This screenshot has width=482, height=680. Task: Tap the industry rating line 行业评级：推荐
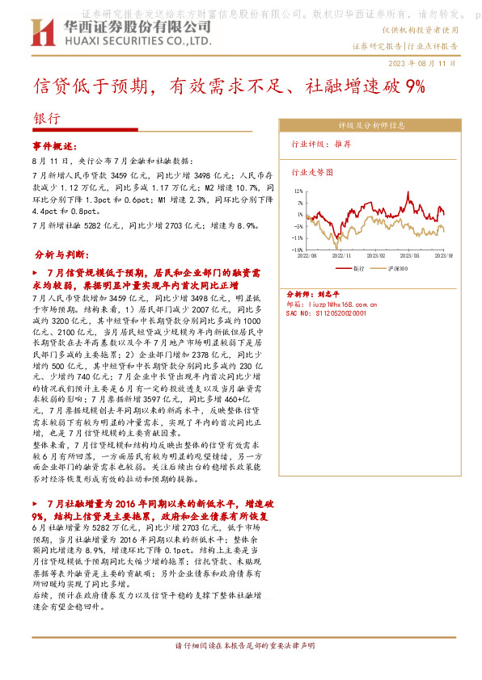(321, 145)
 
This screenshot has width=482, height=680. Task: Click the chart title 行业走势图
(311, 173)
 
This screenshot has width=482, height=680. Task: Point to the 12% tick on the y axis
(298, 191)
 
